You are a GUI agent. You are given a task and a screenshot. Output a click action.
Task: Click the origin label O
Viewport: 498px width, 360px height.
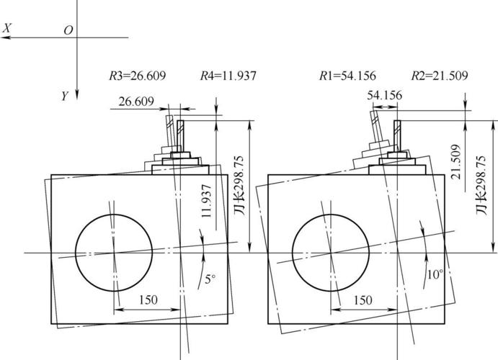coord(68,30)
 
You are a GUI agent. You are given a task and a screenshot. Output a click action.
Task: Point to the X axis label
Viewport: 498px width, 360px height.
coord(6,28)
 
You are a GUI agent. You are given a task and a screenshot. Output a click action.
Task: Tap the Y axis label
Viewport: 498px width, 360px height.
coord(65,96)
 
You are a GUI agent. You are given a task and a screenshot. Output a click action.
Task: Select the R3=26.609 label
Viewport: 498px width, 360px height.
coord(137,76)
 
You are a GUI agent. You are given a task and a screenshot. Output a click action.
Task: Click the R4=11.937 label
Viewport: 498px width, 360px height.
coord(228,76)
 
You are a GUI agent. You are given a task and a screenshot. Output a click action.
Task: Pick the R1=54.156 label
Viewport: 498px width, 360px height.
coord(347,76)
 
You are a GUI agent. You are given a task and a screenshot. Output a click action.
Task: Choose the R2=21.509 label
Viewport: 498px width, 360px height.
coord(440,76)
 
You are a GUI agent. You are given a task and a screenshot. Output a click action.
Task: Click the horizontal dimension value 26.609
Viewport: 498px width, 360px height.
coord(136,102)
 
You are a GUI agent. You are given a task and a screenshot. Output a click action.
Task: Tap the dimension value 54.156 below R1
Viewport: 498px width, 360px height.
coord(385,95)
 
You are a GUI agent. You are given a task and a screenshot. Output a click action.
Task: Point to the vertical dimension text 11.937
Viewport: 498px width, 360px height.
coord(206,201)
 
